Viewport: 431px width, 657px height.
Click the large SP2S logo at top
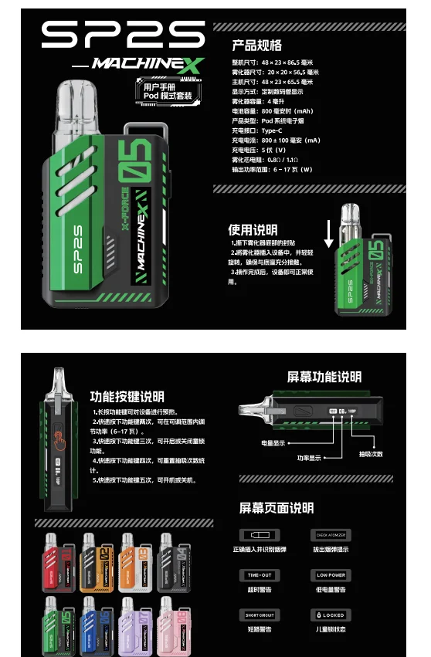click(123, 35)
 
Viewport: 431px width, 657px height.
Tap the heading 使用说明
click(253, 229)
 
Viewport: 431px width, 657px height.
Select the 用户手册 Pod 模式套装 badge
click(164, 91)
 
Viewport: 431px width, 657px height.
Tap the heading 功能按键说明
click(127, 398)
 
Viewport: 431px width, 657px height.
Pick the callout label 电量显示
click(273, 442)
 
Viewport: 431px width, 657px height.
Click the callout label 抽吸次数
click(371, 453)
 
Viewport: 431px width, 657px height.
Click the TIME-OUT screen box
click(260, 575)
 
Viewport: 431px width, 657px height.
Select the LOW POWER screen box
click(331, 575)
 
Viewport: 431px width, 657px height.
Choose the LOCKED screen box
click(331, 615)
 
